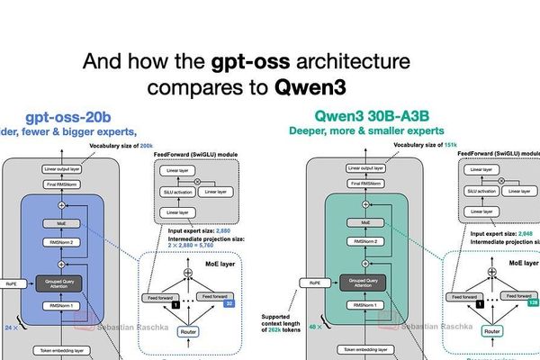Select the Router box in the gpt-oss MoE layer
[190, 331]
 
